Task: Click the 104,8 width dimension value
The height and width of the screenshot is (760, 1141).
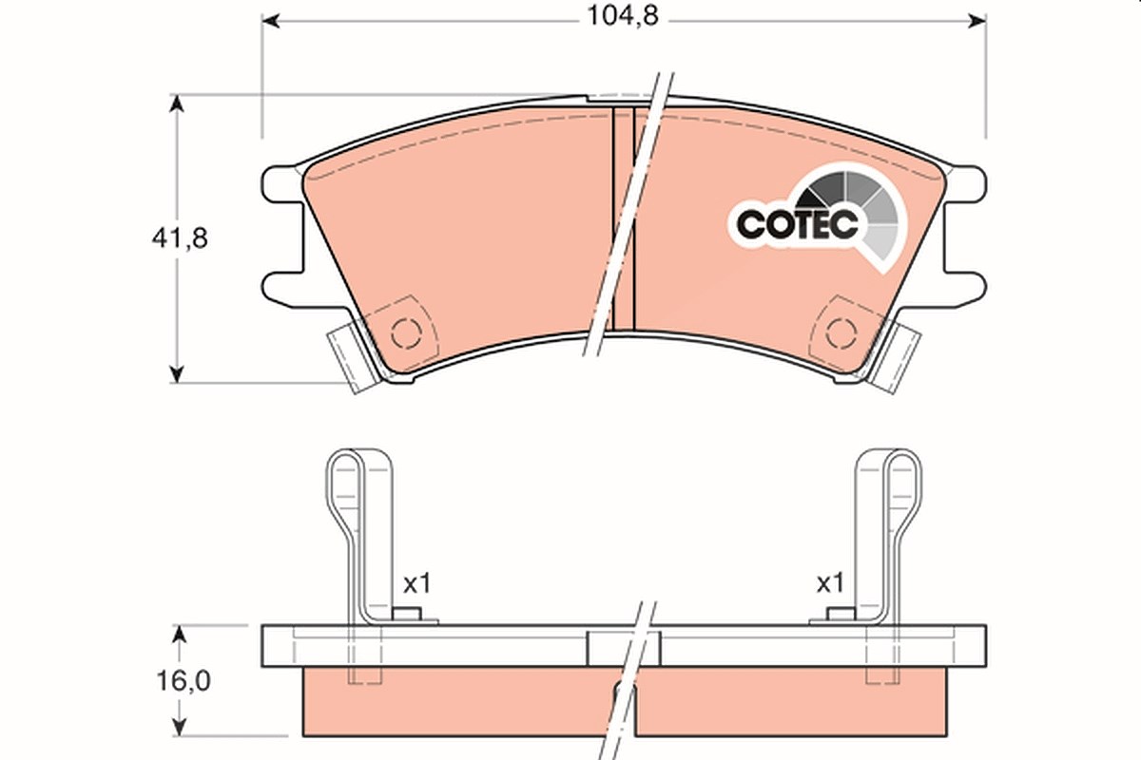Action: tap(623, 16)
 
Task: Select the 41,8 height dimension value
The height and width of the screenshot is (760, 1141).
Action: tap(180, 238)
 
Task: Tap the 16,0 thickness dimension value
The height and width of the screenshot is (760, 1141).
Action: tap(184, 681)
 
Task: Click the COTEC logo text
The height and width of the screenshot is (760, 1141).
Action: tap(797, 224)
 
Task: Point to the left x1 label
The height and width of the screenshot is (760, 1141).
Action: tap(417, 583)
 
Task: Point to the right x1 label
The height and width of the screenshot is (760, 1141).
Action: tap(831, 583)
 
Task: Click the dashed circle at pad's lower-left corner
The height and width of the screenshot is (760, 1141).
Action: tap(407, 334)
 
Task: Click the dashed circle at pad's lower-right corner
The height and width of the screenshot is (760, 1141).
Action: tap(841, 334)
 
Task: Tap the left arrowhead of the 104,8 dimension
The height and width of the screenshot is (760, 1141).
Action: tap(270, 22)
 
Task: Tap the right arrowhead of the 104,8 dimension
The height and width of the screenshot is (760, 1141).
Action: tap(977, 22)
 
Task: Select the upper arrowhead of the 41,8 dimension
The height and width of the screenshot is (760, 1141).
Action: tap(176, 104)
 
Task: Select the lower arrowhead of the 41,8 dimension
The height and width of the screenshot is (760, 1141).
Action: tap(176, 373)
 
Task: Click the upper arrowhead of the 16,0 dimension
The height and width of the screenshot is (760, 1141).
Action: tap(179, 635)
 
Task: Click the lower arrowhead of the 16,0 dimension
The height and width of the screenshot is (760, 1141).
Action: tap(179, 727)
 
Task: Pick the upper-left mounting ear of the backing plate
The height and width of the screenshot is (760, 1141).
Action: tap(281, 183)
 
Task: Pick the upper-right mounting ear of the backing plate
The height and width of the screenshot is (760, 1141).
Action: tap(966, 183)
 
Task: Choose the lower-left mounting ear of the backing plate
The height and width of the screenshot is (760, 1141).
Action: tap(281, 290)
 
